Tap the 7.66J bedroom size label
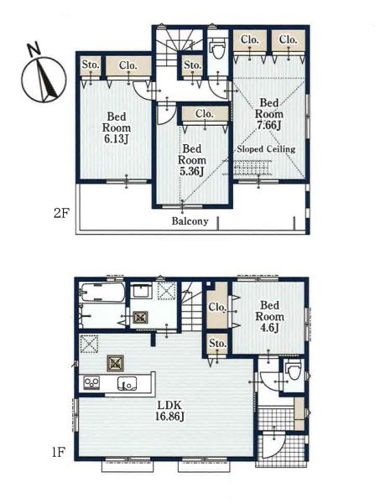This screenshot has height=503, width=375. [269, 126]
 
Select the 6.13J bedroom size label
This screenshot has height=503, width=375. [117, 139]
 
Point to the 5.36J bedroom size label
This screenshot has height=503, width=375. [192, 171]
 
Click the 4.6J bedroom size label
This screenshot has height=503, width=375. [269, 328]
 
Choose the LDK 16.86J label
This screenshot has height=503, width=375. [169, 410]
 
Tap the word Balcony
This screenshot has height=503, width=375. [190, 221]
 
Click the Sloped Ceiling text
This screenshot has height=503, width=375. [266, 149]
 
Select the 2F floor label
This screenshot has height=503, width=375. [61, 213]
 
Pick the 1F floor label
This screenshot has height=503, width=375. [59, 453]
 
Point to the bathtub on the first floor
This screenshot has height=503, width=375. [102, 292]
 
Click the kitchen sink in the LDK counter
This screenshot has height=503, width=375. [127, 383]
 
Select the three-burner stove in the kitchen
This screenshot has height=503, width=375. [91, 383]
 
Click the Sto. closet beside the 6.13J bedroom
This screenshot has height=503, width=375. [91, 65]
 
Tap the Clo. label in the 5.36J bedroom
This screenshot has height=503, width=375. [204, 114]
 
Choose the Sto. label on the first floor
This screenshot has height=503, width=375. [218, 344]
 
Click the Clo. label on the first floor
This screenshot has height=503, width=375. [217, 308]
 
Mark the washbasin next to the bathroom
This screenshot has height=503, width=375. [141, 292]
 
